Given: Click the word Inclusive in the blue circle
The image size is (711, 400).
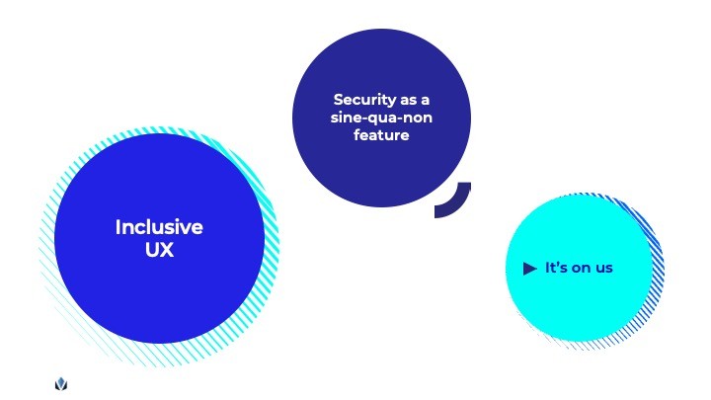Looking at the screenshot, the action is (x=159, y=227).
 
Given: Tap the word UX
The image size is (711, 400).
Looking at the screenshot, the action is (x=159, y=250).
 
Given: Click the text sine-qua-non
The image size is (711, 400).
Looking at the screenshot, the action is (x=381, y=118).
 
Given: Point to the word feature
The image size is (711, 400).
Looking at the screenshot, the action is (x=381, y=135).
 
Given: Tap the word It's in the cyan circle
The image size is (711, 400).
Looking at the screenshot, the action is (x=556, y=268).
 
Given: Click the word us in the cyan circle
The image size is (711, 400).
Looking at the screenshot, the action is (x=603, y=268).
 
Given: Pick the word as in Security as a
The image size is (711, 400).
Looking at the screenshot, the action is (x=411, y=100).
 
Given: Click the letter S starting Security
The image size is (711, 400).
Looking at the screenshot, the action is (x=339, y=100).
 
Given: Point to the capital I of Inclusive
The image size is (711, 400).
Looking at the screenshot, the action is (x=118, y=227).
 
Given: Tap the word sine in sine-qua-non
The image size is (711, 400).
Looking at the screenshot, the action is (x=347, y=118).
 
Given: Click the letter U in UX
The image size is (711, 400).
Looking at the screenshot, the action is (x=151, y=250).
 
